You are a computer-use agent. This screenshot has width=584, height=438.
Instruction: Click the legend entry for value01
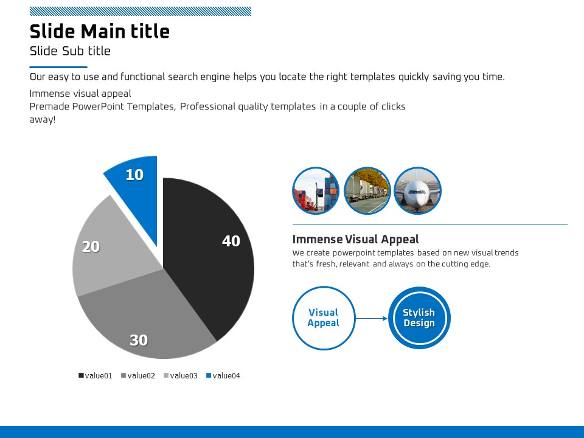[96, 376]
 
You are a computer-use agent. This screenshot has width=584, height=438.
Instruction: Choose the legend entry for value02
[138, 376]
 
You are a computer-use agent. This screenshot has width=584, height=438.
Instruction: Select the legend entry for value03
[181, 376]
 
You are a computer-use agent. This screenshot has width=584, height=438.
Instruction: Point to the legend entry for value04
[223, 376]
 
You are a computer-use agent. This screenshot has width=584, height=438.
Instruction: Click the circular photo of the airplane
[418, 191]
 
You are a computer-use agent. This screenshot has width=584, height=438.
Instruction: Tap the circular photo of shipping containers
[316, 191]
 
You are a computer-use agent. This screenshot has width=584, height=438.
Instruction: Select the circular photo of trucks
[367, 191]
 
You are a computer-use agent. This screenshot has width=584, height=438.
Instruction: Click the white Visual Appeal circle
[323, 318]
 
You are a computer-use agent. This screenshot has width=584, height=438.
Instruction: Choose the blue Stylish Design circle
[419, 318]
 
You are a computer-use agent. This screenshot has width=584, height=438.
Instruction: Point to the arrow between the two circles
[371, 318]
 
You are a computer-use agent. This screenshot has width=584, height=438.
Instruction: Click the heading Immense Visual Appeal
[355, 239]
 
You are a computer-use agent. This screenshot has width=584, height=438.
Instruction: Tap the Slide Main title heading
[100, 31]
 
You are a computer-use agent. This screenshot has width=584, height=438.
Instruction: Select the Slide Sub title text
[70, 51]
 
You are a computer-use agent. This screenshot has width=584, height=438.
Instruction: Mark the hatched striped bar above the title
[140, 11]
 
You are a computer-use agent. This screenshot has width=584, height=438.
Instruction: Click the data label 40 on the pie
[231, 242]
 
